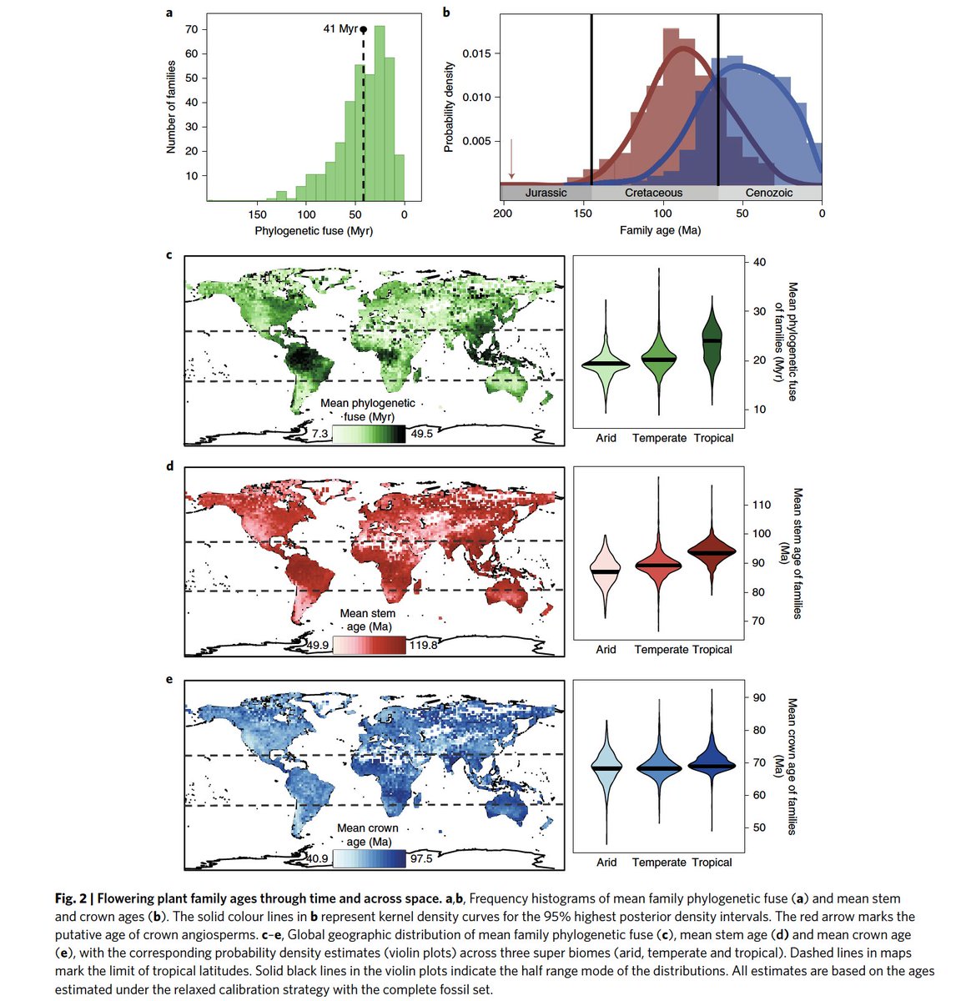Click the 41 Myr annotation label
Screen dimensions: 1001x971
point(340,29)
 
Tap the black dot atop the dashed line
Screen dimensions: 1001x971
point(363,29)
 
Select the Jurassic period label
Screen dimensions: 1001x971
point(546,193)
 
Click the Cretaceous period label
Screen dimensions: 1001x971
point(654,193)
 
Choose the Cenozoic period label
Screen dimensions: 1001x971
point(769,193)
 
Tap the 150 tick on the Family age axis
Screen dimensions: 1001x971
point(582,214)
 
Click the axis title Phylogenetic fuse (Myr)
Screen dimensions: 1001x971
point(314,230)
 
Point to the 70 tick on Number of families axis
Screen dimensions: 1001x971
point(191,29)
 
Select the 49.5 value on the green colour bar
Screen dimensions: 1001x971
point(423,435)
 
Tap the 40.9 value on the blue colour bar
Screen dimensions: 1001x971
point(315,859)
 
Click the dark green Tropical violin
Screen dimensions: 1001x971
point(712,342)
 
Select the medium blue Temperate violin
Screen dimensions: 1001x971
point(659,767)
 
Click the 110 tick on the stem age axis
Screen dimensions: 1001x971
point(761,505)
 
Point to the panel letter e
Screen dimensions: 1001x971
point(170,680)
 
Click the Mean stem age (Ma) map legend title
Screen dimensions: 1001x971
point(368,620)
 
